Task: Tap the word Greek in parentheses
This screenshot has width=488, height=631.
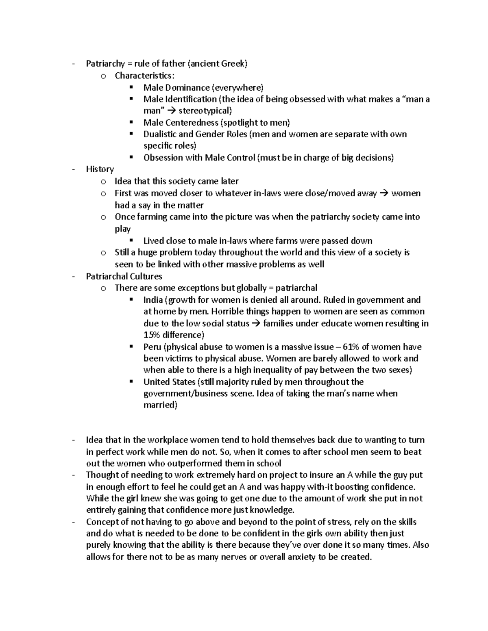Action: click(x=233, y=64)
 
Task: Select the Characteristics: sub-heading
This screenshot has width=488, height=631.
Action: click(x=146, y=76)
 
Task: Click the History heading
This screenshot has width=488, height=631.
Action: click(x=100, y=169)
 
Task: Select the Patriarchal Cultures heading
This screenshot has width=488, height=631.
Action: click(x=124, y=277)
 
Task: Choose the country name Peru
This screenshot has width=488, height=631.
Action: click(x=152, y=347)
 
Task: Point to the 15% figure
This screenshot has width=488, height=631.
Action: click(x=152, y=335)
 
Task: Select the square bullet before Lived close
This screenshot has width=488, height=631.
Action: click(x=131, y=241)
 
